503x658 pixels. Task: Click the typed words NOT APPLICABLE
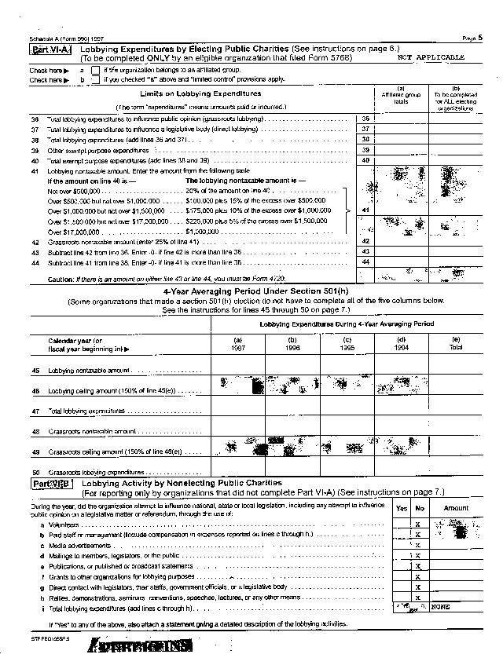click(x=431, y=57)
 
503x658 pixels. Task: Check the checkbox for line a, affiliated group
click(x=96, y=70)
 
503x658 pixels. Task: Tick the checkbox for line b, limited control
click(x=96, y=79)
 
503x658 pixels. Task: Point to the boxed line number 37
click(x=365, y=128)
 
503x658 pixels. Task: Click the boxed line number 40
click(x=365, y=159)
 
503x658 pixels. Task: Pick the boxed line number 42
click(x=365, y=241)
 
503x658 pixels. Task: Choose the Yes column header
click(x=402, y=508)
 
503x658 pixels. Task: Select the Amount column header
click(x=456, y=508)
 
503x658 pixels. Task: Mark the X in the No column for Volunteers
click(x=418, y=524)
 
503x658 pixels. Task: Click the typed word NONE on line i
click(x=439, y=608)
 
